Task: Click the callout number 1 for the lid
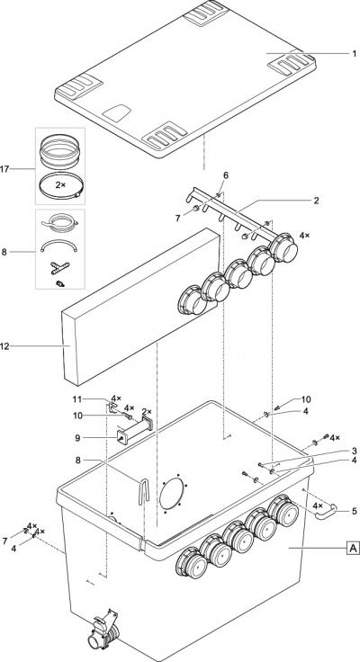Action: (x=354, y=54)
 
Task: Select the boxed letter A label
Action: (x=353, y=548)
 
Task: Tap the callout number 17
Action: (x=4, y=169)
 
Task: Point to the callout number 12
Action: (x=4, y=346)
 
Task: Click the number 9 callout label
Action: (x=77, y=438)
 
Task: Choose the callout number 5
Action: (x=354, y=511)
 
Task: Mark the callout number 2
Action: (x=317, y=200)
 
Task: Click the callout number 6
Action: (x=226, y=175)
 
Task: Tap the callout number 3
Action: (x=354, y=451)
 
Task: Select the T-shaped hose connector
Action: (x=59, y=266)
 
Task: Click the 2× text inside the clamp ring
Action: (x=60, y=185)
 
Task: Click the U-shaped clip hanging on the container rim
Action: (x=144, y=489)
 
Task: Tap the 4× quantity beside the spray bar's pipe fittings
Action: (x=304, y=235)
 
